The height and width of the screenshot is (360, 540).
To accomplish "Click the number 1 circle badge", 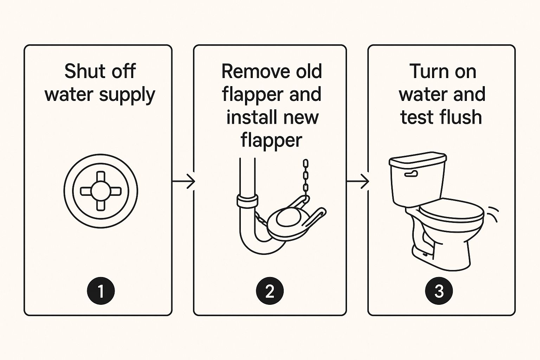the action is tap(101, 291).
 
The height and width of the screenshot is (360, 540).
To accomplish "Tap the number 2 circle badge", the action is tap(270, 291).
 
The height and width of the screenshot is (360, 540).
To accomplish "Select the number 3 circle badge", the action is tap(439, 291).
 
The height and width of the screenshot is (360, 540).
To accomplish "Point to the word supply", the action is tap(127, 96).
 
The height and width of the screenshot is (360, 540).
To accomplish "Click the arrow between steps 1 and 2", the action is tap(184, 181).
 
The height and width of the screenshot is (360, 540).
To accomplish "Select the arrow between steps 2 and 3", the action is tap(358, 181).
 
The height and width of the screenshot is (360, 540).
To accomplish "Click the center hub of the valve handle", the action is tap(101, 191).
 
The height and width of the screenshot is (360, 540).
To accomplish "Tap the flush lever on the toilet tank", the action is tap(411, 174).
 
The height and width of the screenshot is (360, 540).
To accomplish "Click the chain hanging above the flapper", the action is tap(306, 180).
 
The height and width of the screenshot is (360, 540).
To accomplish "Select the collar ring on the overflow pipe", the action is tap(247, 201).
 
